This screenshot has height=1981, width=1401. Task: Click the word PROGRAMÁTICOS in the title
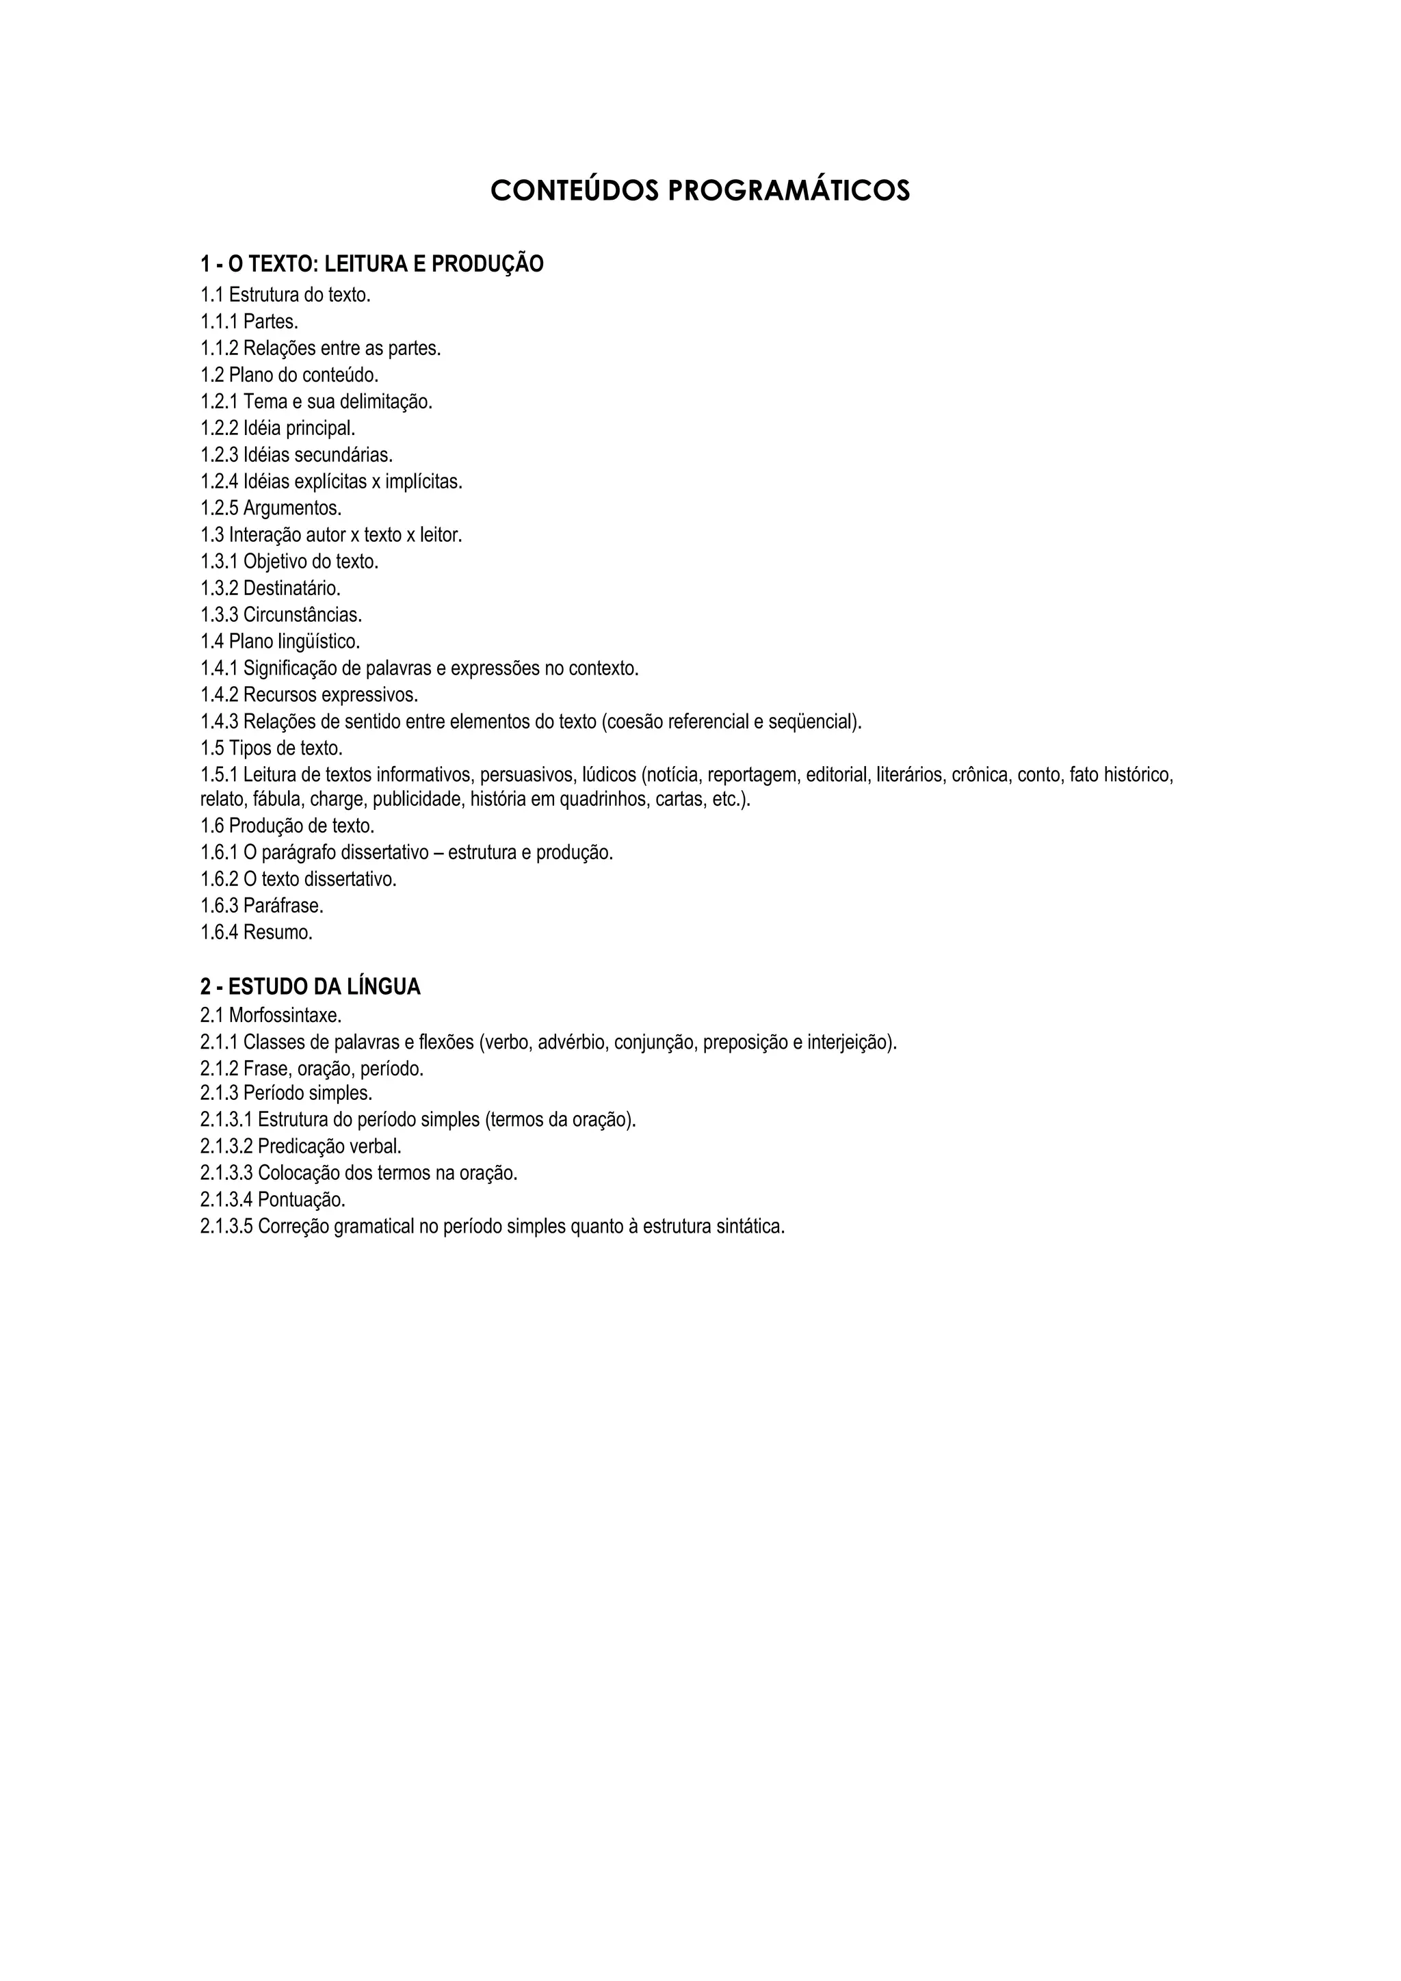[789, 191]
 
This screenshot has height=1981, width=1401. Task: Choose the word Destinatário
[291, 588]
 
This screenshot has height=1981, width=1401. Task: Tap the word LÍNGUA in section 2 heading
[383, 987]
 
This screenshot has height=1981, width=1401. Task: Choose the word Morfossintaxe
[285, 1016]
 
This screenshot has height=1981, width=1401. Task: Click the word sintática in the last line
[750, 1227]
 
